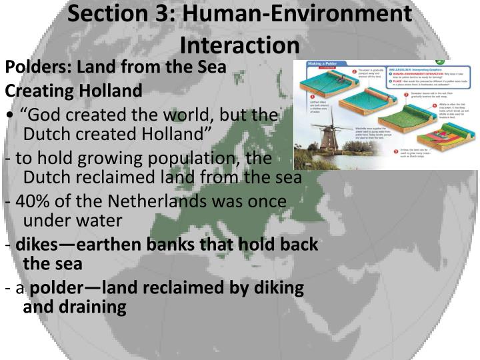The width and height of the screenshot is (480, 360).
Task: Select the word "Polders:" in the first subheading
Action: (39, 67)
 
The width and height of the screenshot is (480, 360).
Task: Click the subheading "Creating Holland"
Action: (73, 91)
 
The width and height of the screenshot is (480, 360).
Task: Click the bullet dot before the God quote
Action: (9, 115)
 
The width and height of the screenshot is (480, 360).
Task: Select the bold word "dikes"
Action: (37, 245)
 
